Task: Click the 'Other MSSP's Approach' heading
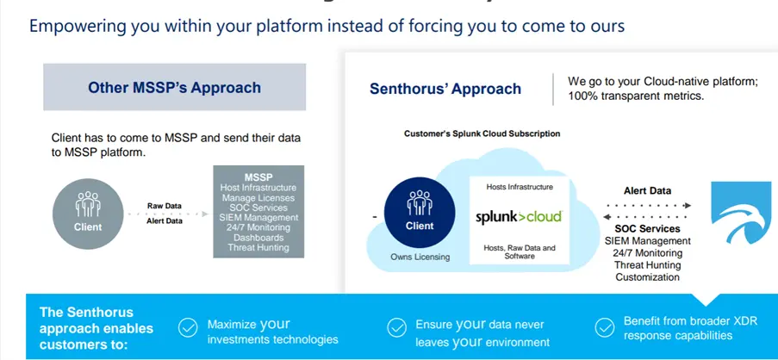[174, 87]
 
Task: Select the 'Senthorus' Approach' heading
[445, 89]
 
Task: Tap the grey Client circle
[88, 213]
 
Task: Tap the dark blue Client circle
[420, 212]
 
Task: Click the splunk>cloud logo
[519, 217]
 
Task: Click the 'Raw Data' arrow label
[165, 207]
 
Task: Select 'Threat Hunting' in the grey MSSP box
[258, 248]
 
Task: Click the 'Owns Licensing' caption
[420, 257]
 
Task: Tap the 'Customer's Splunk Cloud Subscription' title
[482, 133]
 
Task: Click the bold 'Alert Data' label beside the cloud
[647, 190]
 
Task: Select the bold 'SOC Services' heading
[648, 229]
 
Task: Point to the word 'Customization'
[648, 277]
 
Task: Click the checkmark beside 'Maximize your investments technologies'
[187, 327]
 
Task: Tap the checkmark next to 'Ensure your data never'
[396, 327]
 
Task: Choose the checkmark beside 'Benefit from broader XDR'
[605, 327]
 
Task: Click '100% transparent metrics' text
[636, 96]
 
